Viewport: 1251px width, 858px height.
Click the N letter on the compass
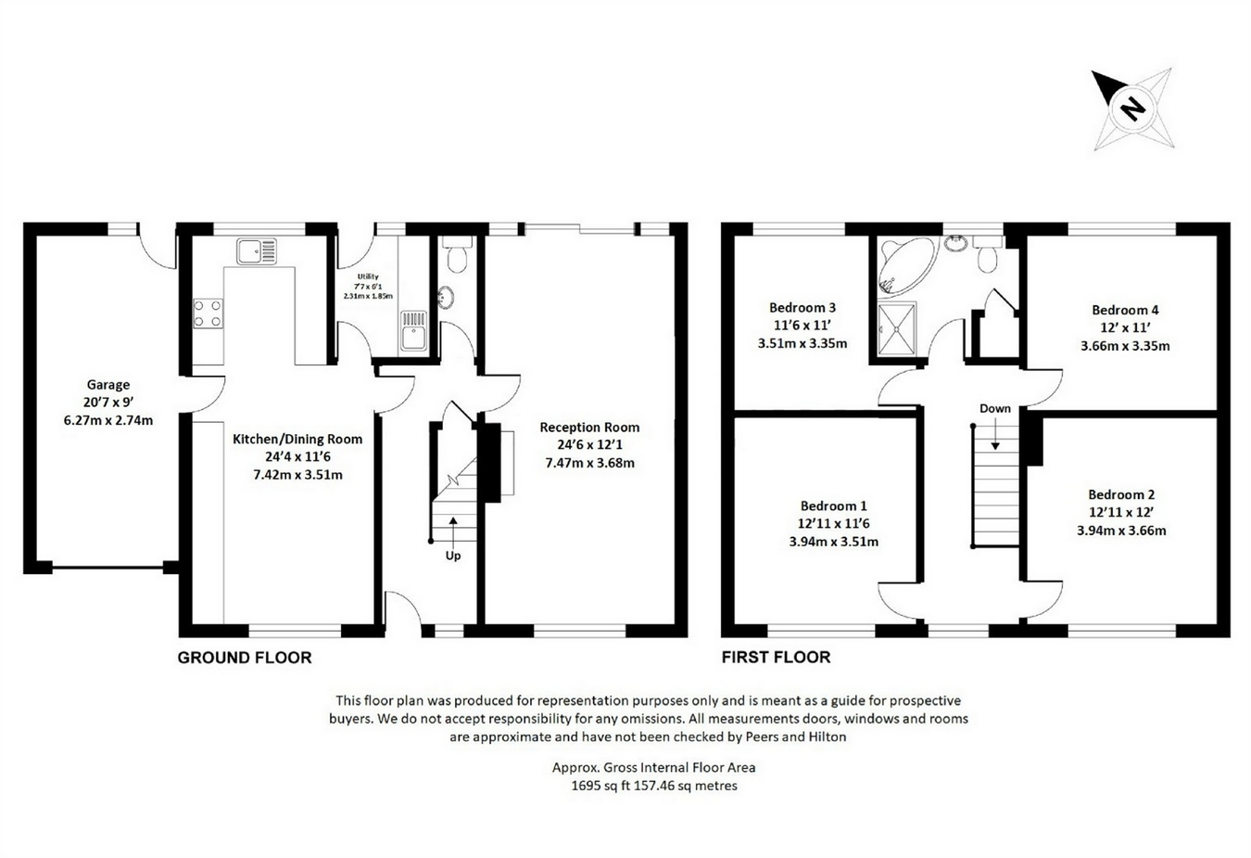tap(1133, 109)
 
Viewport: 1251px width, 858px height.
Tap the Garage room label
tap(108, 385)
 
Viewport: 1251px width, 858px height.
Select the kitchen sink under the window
tap(257, 251)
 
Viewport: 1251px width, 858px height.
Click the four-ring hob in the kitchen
tap(208, 313)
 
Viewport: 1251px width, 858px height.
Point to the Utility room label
tap(368, 276)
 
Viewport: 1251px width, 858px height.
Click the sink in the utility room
tap(414, 332)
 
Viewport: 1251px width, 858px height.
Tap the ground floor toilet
tap(458, 255)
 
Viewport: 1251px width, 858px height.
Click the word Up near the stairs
tap(453, 556)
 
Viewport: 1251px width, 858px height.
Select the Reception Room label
tap(589, 428)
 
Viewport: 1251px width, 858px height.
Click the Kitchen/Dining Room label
tap(297, 440)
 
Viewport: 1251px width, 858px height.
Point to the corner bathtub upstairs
tap(904, 266)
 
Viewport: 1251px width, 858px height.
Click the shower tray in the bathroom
tap(897, 328)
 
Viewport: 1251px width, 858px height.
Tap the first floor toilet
tap(988, 255)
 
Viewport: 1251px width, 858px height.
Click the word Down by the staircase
tap(995, 409)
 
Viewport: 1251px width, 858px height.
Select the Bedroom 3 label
tap(802, 307)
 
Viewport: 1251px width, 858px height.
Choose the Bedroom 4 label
tap(1125, 310)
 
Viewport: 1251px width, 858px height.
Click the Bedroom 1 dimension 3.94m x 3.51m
tap(834, 542)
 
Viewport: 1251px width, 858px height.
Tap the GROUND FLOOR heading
tap(245, 658)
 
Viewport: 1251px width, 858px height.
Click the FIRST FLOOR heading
tap(777, 658)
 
